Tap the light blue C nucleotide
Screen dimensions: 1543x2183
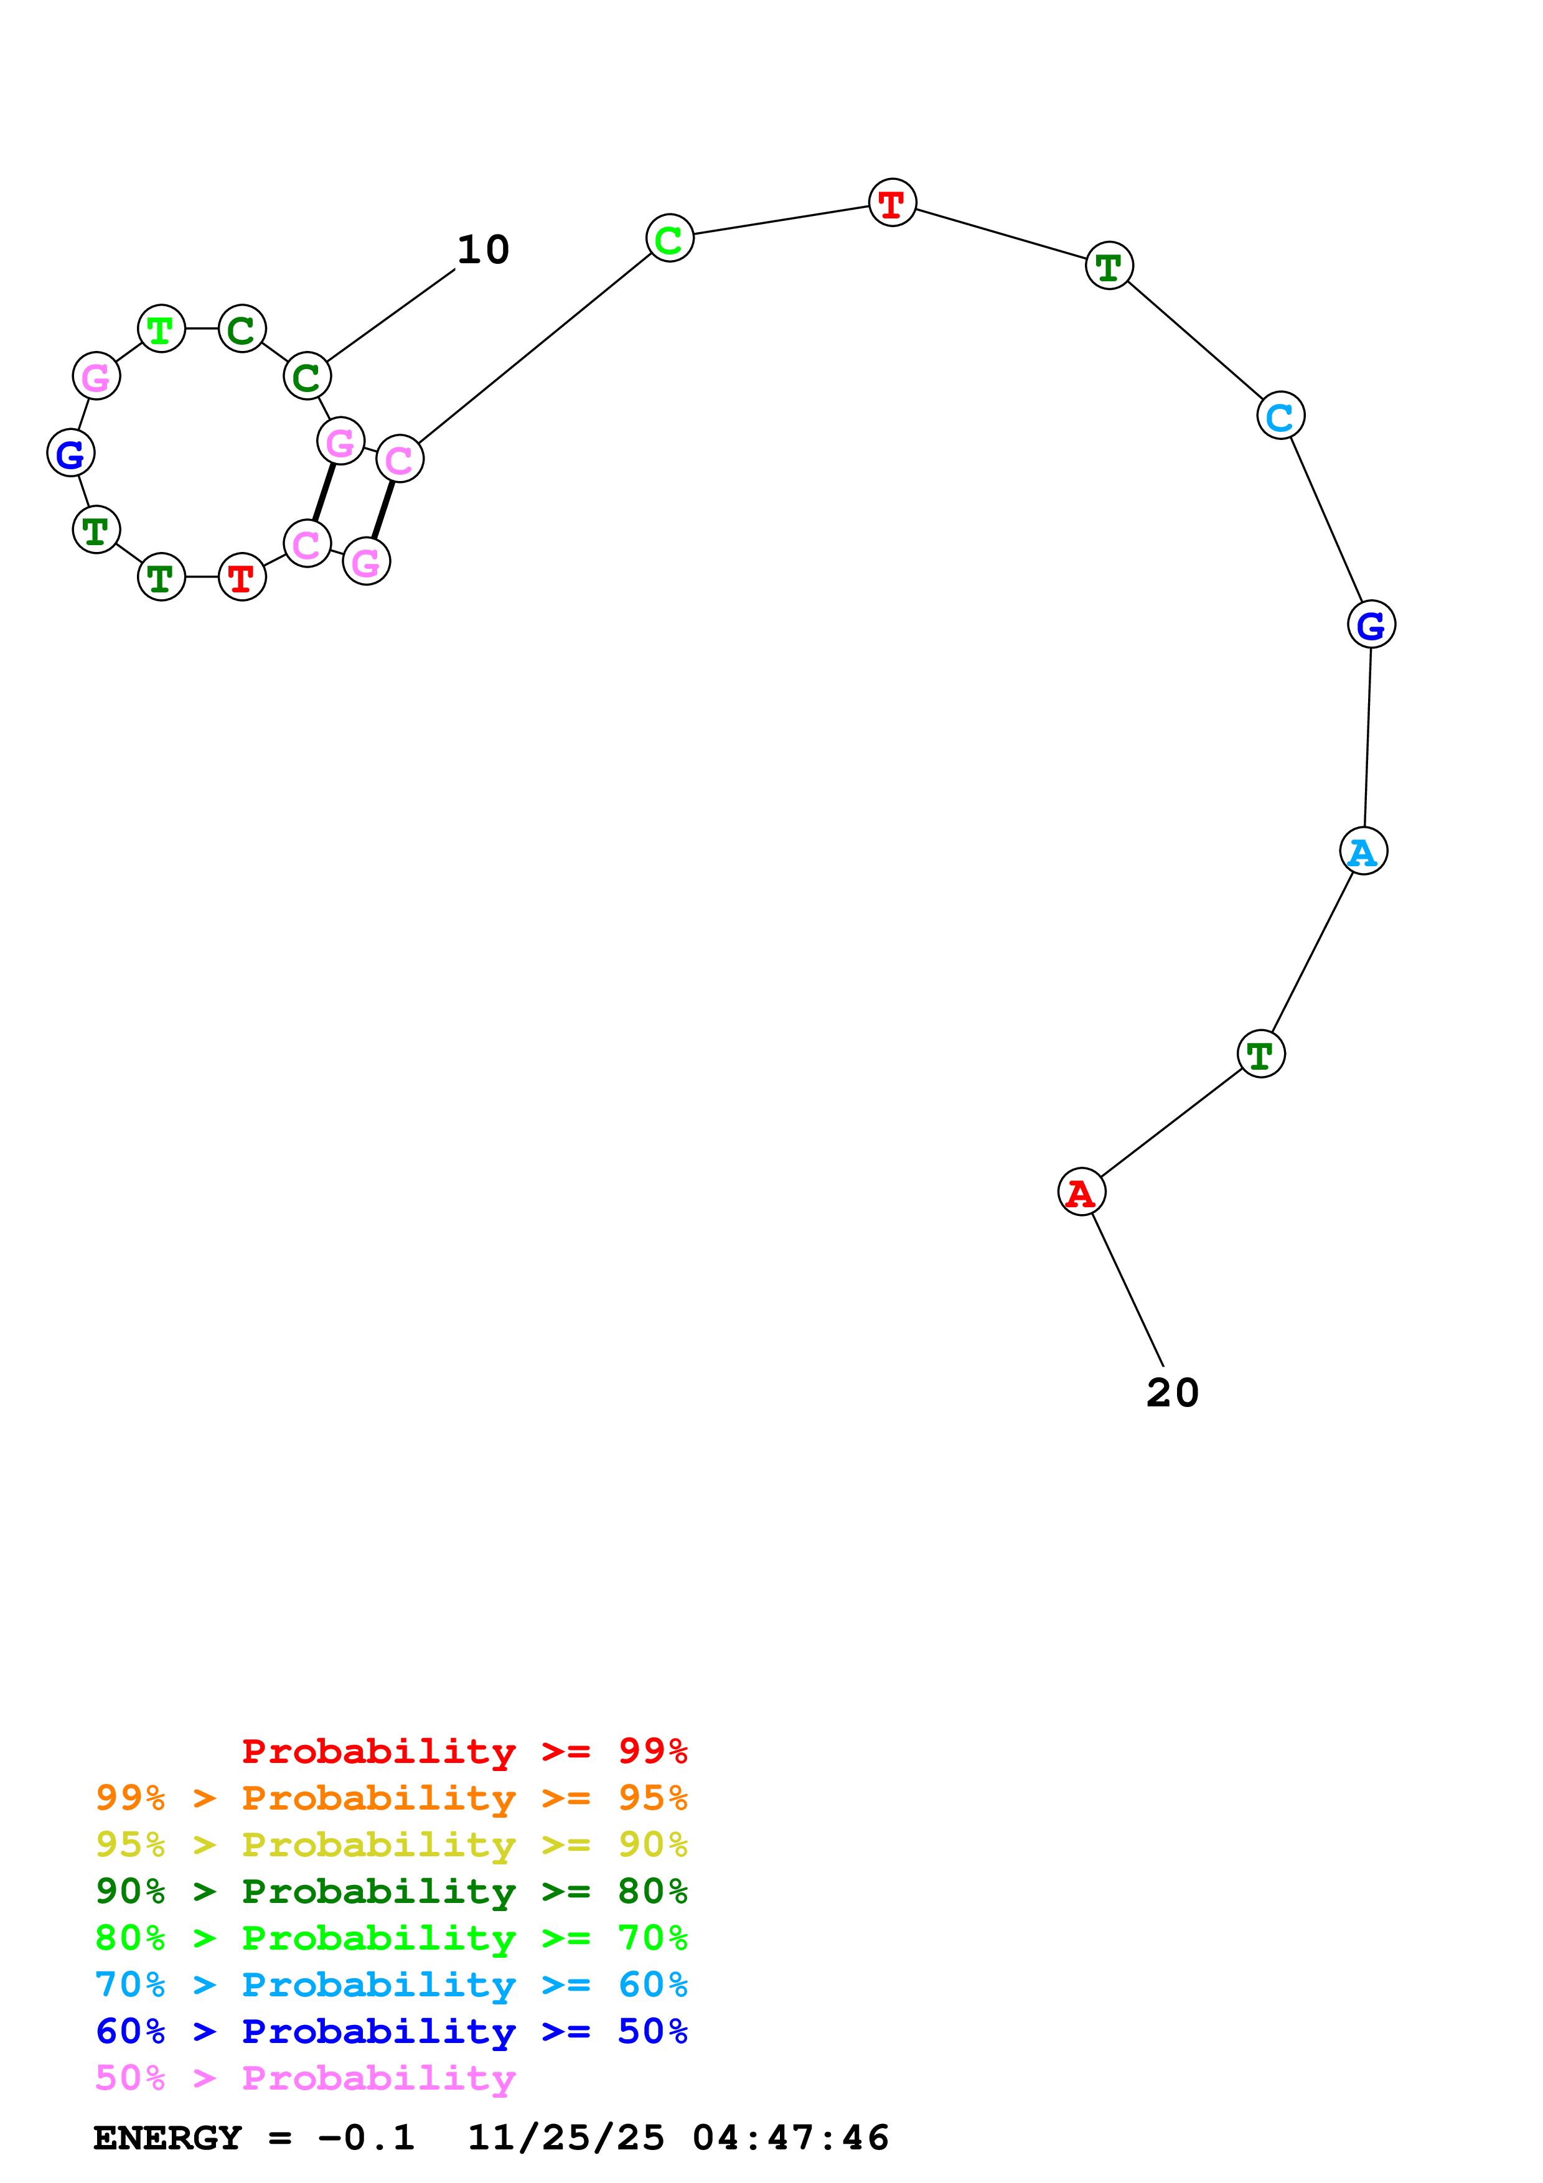(x=1280, y=416)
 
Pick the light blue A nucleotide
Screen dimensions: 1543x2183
(x=1363, y=851)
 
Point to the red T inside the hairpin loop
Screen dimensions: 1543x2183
(x=242, y=576)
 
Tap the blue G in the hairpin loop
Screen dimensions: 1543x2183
(x=70, y=454)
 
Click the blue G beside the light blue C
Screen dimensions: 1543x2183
(x=1371, y=625)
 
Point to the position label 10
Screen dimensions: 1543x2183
(x=483, y=250)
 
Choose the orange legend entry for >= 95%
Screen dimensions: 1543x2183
(x=391, y=1798)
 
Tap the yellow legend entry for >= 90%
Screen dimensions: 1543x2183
(x=391, y=1844)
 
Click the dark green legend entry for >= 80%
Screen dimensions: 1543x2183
(x=391, y=1891)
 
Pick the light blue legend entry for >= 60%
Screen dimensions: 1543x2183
(x=391, y=1984)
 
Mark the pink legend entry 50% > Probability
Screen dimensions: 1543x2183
(x=305, y=2077)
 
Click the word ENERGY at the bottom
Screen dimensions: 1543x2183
(x=167, y=2138)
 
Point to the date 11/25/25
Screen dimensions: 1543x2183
(x=566, y=2138)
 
